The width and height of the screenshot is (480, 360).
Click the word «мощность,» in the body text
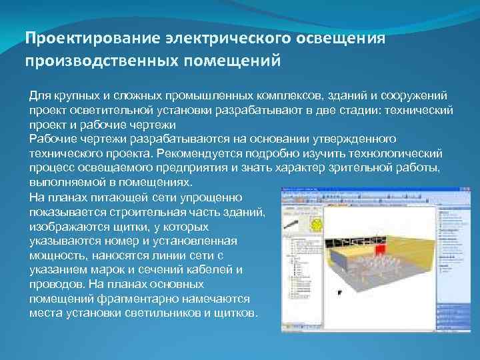57,255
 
